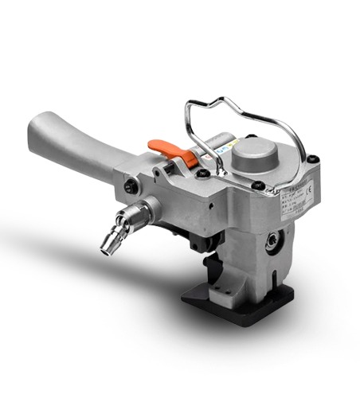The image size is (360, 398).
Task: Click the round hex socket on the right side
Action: tap(276, 239)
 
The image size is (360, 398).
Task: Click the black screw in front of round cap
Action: tap(258, 187)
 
